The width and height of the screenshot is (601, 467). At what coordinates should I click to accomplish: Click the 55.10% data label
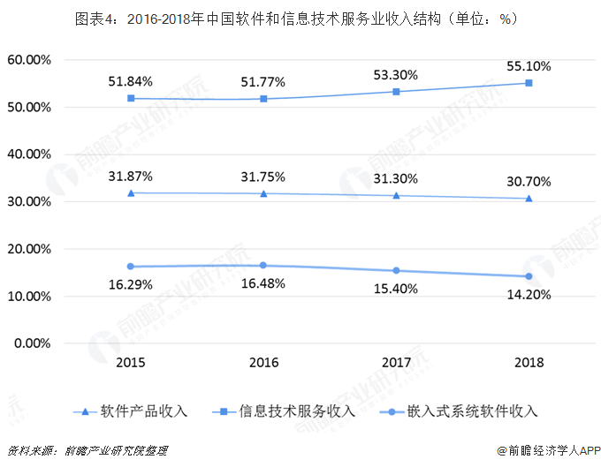pos(528,65)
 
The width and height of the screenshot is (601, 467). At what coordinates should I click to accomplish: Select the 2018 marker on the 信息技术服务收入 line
pos(529,83)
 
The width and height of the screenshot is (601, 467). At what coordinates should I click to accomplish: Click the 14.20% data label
pos(529,295)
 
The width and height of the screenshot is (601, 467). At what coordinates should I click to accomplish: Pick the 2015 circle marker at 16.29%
pos(131,266)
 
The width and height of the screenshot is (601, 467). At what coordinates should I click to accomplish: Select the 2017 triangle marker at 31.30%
pos(396,195)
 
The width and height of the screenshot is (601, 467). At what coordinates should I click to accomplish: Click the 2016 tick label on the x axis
pos(262,362)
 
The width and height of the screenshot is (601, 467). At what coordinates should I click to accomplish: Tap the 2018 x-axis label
pos(529,362)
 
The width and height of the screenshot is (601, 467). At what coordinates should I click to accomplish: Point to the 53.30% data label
pos(396,74)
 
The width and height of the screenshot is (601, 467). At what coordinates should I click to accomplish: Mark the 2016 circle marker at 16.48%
pos(262,265)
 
